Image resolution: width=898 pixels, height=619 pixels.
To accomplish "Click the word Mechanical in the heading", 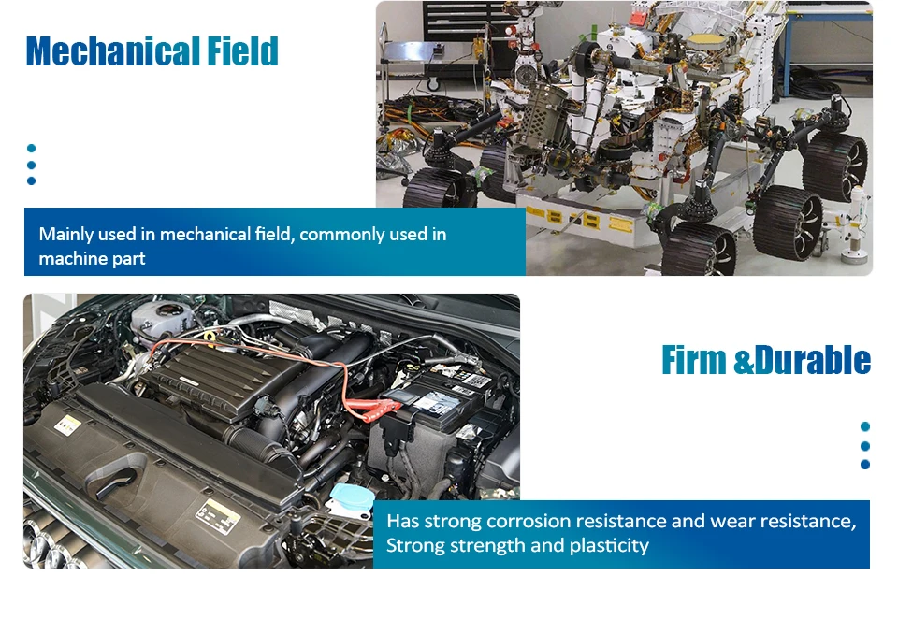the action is point(112,51).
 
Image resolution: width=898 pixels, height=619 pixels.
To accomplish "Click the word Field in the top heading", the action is point(242,51).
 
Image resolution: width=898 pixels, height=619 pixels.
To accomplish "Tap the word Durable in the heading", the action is point(813,360).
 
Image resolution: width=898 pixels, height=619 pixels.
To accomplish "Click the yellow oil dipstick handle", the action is point(210,338).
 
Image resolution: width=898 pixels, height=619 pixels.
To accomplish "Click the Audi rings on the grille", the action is point(51,547).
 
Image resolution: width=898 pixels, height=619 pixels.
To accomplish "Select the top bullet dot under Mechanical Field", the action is point(32,149).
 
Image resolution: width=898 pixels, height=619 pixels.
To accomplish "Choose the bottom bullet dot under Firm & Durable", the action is point(864,465).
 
